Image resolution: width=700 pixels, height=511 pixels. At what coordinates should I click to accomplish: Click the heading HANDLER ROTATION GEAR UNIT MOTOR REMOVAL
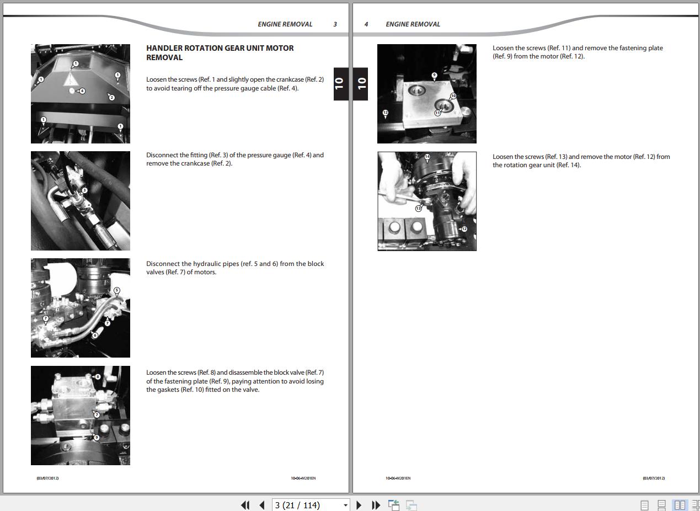click(x=220, y=52)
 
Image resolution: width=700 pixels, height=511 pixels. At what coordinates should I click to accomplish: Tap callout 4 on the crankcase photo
click(x=82, y=91)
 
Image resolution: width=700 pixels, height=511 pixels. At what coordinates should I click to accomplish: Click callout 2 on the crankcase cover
click(x=111, y=98)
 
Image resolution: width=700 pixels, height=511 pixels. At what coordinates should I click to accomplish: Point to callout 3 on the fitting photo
click(x=84, y=190)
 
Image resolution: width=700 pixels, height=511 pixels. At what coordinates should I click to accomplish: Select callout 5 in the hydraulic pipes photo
click(x=116, y=290)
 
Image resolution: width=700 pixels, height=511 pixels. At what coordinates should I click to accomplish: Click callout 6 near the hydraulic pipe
click(x=95, y=336)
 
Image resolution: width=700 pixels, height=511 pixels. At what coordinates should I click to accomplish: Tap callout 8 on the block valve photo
click(x=98, y=376)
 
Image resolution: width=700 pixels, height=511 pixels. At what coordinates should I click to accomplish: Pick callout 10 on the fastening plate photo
click(x=453, y=96)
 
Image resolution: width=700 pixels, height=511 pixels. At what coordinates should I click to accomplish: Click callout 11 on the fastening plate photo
click(x=437, y=113)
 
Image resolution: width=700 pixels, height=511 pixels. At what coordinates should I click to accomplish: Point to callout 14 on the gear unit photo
click(x=427, y=157)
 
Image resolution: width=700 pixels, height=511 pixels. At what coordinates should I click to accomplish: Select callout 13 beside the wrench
click(x=419, y=208)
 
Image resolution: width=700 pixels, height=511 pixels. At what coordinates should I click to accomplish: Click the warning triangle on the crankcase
click(x=71, y=79)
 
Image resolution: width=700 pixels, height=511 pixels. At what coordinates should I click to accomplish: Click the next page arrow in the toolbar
click(x=359, y=505)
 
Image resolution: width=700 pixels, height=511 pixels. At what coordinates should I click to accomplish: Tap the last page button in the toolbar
click(x=376, y=505)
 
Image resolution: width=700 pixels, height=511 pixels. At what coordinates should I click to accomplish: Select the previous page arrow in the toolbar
click(x=262, y=505)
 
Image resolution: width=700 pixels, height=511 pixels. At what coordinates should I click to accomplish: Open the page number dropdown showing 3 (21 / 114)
click(x=311, y=505)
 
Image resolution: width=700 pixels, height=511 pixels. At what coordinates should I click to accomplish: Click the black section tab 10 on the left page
click(x=341, y=84)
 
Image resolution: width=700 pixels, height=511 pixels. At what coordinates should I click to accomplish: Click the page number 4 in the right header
click(x=366, y=24)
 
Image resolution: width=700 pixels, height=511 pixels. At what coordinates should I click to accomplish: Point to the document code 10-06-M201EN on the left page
click(x=303, y=478)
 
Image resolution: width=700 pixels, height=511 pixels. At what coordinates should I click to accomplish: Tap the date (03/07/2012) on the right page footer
click(x=654, y=478)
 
